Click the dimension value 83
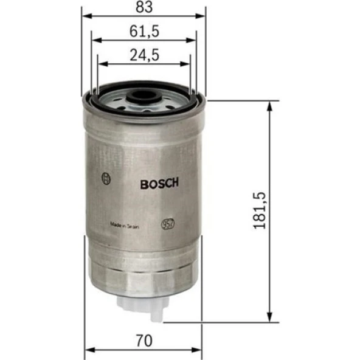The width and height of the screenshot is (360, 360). coord(144,7)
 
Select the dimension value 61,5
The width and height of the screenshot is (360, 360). coord(144,30)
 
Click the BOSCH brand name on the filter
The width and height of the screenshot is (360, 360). coord(159,184)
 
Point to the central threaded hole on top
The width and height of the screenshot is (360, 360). coord(144,96)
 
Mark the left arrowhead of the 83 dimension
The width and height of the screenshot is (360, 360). coord(85,18)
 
